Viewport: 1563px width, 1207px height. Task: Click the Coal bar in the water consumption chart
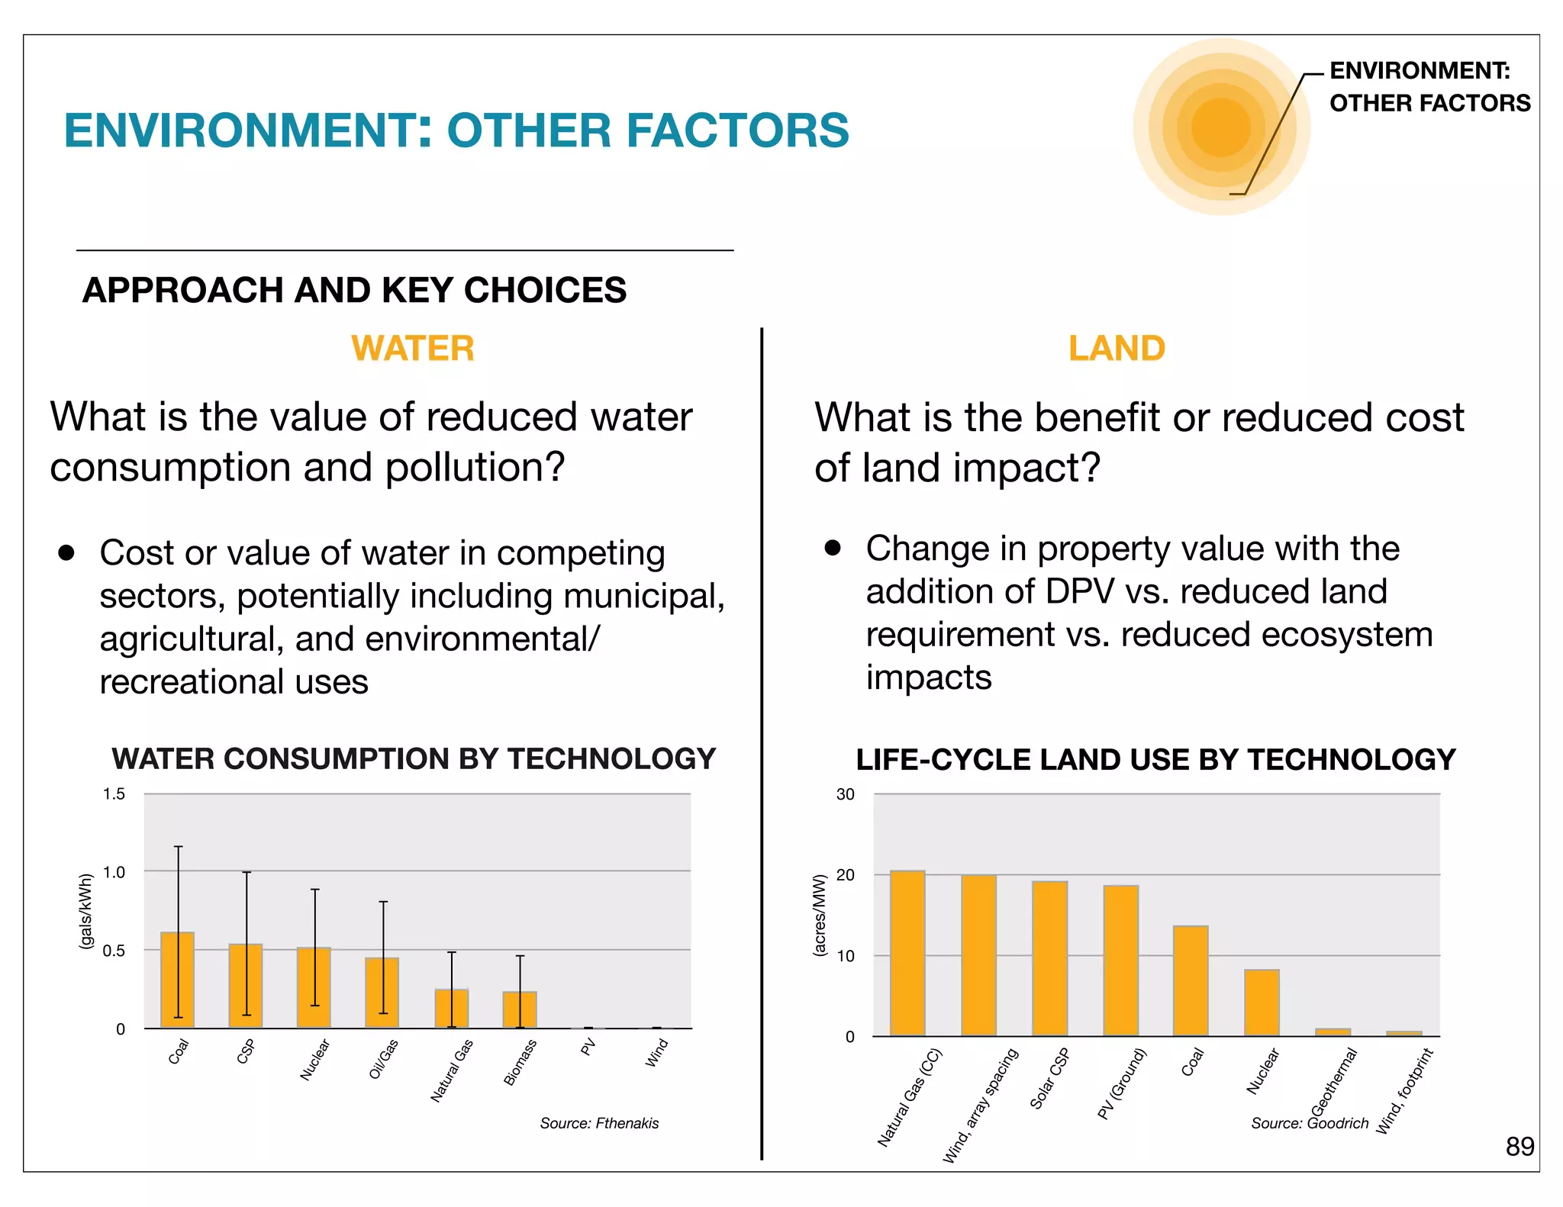pyautogui.click(x=177, y=980)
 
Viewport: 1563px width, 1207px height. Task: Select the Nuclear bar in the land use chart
pyautogui.click(x=1262, y=1003)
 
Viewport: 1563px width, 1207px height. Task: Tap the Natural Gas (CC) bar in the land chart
pyautogui.click(x=907, y=953)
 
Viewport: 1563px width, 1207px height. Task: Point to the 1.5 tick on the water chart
pyautogui.click(x=114, y=794)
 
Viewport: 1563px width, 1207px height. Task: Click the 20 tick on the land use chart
pyautogui.click(x=846, y=875)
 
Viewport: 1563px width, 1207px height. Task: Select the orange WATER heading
pyautogui.click(x=413, y=349)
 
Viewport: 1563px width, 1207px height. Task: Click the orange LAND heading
pyautogui.click(x=1117, y=349)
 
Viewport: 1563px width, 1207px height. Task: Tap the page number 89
pyautogui.click(x=1519, y=1147)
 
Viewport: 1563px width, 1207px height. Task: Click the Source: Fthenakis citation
pyautogui.click(x=599, y=1123)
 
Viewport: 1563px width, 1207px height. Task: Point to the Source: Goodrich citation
pyautogui.click(x=1309, y=1123)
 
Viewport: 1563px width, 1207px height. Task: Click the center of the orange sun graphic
pyautogui.click(x=1220, y=127)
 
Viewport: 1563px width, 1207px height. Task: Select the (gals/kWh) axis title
pyautogui.click(x=86, y=912)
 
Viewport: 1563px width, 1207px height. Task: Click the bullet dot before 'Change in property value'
pyautogui.click(x=833, y=548)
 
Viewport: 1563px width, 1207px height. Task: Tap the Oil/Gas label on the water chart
pyautogui.click(x=384, y=1059)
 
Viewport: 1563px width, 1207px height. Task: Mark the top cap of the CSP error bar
pyautogui.click(x=247, y=872)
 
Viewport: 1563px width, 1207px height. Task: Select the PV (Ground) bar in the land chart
pyautogui.click(x=1120, y=961)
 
